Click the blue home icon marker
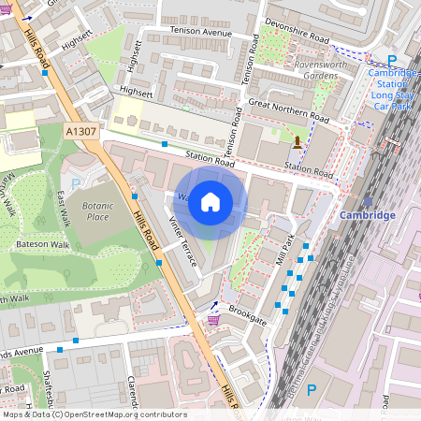click(210, 202)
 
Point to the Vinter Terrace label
click(182, 242)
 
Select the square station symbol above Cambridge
click(368, 200)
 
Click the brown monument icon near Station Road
click(298, 142)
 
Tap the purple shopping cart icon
click(213, 320)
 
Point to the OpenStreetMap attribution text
click(94, 414)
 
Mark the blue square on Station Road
click(165, 144)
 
